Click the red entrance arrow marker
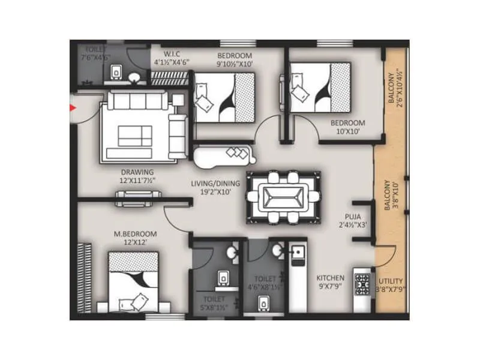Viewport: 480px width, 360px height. (x=73, y=109)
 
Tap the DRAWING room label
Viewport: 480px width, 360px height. (x=137, y=172)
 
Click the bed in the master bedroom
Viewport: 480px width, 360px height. (x=133, y=282)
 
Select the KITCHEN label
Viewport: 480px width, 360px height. (x=331, y=278)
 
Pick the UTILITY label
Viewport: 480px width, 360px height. (x=391, y=281)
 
